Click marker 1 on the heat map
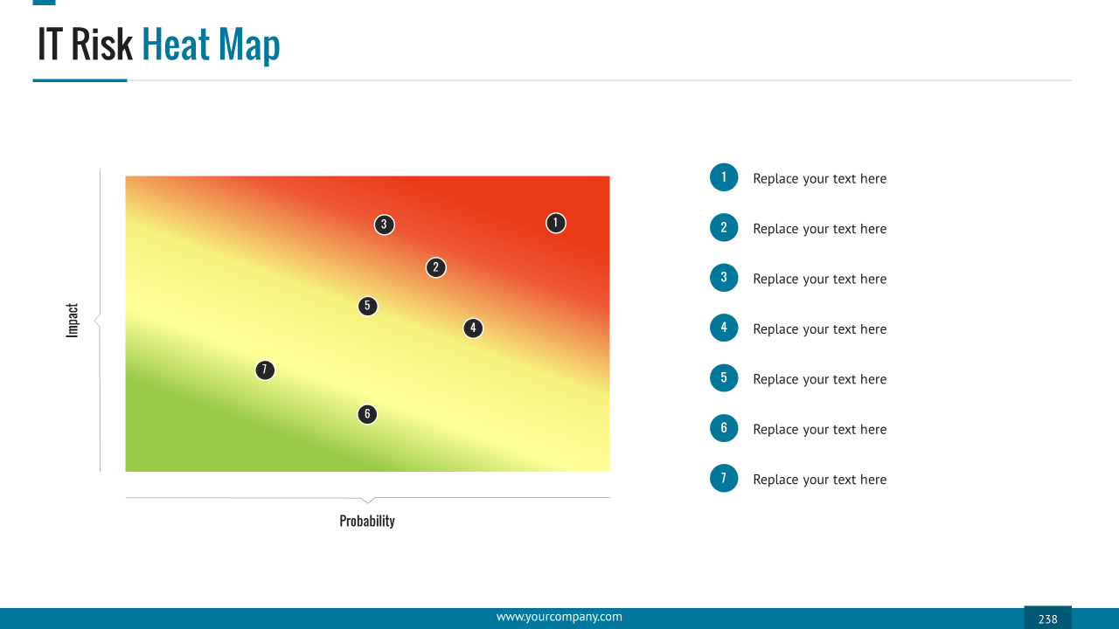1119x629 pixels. click(x=555, y=223)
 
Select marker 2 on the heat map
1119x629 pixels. click(x=436, y=267)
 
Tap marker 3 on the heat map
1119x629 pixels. click(x=384, y=225)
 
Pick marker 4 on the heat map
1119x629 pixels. click(x=473, y=328)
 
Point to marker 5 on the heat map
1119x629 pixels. click(x=368, y=306)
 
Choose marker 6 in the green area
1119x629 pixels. click(x=367, y=414)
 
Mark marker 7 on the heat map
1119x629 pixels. click(x=265, y=370)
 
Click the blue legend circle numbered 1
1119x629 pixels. click(x=724, y=177)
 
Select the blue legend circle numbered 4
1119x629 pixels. click(x=724, y=328)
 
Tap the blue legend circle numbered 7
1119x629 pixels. click(x=724, y=478)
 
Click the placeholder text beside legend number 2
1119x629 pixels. click(x=819, y=229)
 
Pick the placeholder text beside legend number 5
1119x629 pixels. click(x=819, y=379)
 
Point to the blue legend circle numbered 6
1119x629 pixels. click(x=724, y=428)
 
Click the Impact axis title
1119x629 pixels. click(x=73, y=321)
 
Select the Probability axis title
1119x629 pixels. click(x=367, y=521)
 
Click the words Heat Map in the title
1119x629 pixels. click(x=211, y=45)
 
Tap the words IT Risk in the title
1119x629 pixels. click(x=85, y=45)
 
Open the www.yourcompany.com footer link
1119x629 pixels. click(x=559, y=617)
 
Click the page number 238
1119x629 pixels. click(x=1047, y=619)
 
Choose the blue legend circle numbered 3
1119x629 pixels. click(x=724, y=278)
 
